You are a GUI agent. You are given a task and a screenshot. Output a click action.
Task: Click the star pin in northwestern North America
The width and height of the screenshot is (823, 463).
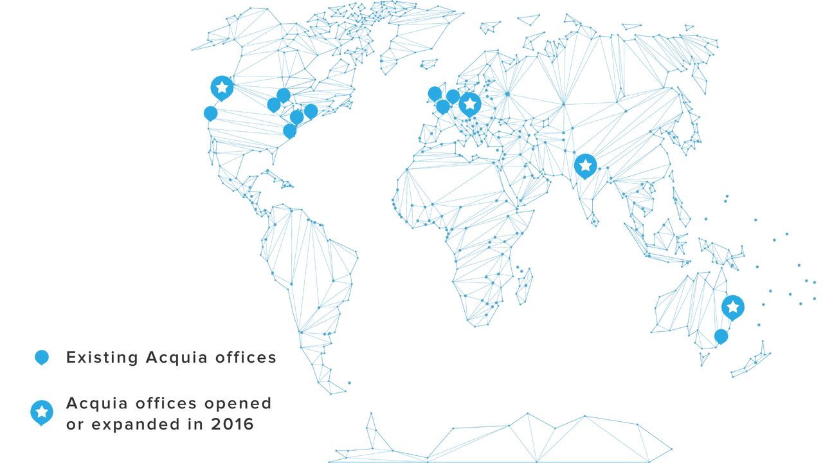222,87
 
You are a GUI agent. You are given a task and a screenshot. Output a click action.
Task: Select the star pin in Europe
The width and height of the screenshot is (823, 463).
470,104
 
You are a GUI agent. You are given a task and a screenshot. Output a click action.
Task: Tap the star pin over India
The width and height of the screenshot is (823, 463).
585,165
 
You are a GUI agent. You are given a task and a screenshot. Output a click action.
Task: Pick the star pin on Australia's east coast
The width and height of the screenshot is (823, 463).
732,307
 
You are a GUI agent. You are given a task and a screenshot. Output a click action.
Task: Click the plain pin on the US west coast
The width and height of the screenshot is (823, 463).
210,113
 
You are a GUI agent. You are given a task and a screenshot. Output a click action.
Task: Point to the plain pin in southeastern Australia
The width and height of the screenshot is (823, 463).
721,336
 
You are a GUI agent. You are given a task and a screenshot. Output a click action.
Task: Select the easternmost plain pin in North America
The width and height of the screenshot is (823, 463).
311,111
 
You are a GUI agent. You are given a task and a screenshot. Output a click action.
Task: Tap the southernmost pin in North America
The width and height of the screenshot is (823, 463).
290,131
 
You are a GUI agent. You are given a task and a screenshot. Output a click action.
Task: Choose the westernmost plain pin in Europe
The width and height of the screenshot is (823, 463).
435,93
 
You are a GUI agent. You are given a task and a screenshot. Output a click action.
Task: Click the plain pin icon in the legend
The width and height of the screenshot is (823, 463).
42,357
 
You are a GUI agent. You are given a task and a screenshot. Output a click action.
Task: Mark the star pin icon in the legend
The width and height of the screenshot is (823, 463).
42,412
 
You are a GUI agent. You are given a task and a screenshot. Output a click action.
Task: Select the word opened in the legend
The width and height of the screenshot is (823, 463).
238,403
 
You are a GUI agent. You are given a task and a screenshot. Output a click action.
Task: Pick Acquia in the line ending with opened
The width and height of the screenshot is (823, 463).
98,404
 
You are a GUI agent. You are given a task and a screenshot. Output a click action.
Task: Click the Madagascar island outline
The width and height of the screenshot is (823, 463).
525,286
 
